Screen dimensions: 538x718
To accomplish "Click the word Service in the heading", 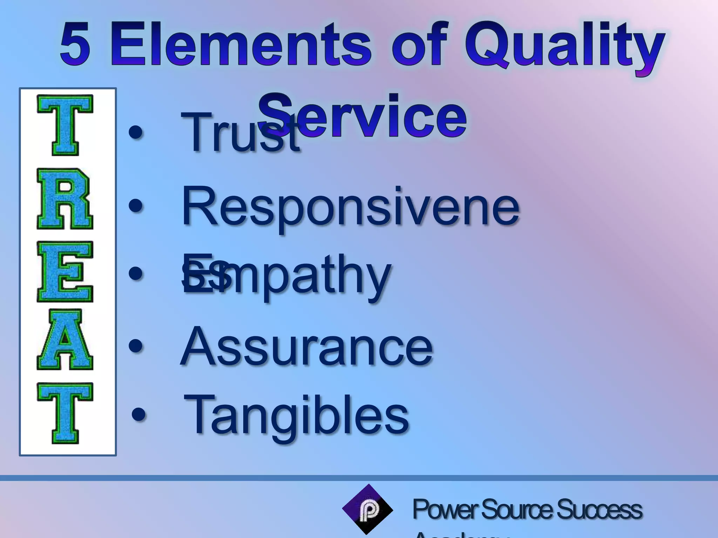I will pos(363,116).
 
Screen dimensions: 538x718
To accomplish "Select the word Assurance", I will pos(307,347).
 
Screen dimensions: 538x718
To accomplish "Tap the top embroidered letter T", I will pos(65,125).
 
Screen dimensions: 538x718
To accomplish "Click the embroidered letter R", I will pos(65,199).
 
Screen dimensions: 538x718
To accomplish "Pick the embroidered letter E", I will pos(65,271).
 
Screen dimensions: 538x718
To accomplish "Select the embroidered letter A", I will pos(65,339).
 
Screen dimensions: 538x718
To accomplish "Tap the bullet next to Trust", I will pos(136,133).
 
